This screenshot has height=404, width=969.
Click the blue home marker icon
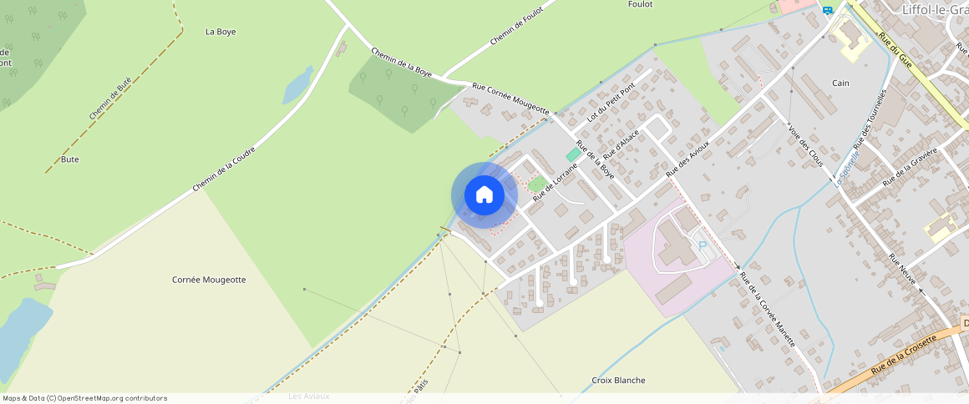(x=484, y=195)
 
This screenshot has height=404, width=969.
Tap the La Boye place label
(x=221, y=32)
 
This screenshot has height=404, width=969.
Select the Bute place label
(x=70, y=159)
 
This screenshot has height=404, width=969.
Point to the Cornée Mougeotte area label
(x=209, y=280)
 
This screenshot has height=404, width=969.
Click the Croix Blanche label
(x=618, y=380)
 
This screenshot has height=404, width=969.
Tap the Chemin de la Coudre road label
(x=223, y=169)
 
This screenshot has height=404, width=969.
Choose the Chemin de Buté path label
(x=110, y=98)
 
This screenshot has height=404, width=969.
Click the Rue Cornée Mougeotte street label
(x=510, y=98)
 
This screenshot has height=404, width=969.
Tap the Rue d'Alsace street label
(x=621, y=144)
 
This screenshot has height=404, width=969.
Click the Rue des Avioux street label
(x=687, y=157)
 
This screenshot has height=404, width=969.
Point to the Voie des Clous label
(x=806, y=145)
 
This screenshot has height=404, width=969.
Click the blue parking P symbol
(x=702, y=245)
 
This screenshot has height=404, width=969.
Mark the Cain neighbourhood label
(x=840, y=83)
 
